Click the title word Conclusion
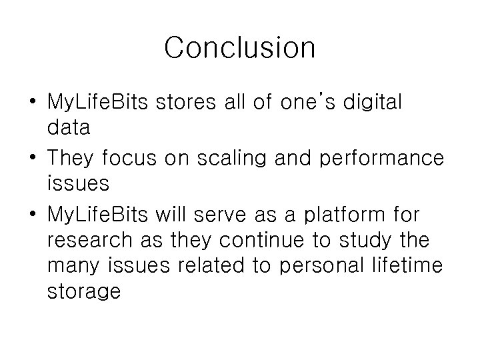[x=239, y=48]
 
